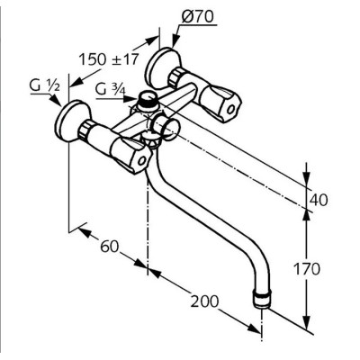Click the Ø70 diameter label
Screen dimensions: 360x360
point(198,17)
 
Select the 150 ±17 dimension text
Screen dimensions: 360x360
point(109,59)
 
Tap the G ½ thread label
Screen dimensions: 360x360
point(45,86)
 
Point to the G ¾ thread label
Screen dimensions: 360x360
point(111,89)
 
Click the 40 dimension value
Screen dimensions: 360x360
point(319,200)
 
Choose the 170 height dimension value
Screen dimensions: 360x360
point(307,269)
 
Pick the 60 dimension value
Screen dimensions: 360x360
point(110,247)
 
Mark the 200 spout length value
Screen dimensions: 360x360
point(205,301)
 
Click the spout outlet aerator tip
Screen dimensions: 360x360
point(263,299)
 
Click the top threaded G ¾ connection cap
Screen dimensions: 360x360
point(147,99)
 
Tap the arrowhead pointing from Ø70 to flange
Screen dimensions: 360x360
point(175,41)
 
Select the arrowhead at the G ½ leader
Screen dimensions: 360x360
point(57,100)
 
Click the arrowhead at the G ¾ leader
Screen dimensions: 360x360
point(131,99)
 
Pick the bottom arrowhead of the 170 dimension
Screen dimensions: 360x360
point(306,324)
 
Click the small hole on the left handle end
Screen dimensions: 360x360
point(141,161)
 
